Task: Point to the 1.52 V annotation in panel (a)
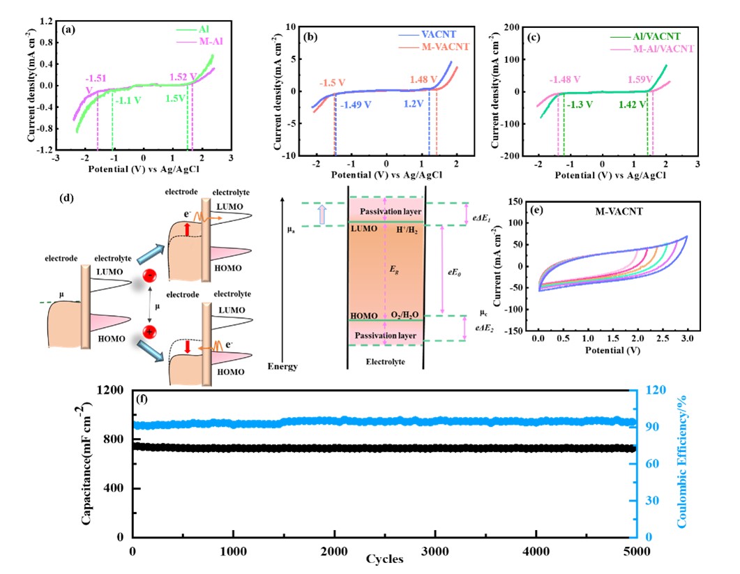183,77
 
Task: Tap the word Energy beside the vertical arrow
283,366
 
